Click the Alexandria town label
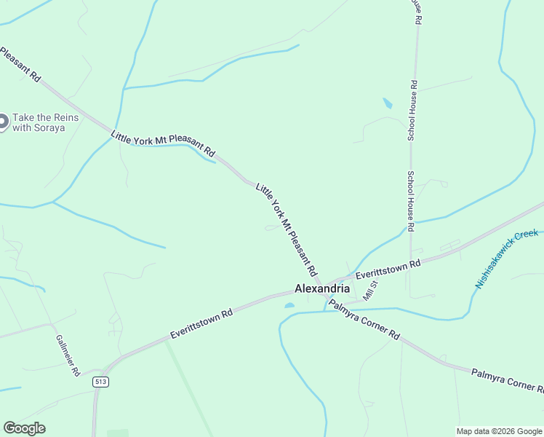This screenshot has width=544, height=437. click(321, 288)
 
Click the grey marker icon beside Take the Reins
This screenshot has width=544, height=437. click(2, 122)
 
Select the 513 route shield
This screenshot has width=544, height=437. click(100, 382)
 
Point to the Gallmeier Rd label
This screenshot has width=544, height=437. click(67, 355)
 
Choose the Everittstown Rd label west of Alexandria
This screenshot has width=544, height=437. click(201, 323)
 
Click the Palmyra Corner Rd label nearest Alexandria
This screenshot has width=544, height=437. click(364, 320)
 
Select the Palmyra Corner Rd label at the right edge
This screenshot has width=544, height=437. click(507, 380)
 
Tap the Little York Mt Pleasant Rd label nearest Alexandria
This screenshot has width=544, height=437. click(287, 229)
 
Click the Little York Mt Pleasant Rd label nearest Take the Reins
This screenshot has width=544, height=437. click(163, 143)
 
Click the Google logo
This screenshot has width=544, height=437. click(24, 428)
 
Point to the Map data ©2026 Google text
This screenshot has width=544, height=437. click(498, 431)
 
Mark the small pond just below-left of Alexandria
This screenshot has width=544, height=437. click(289, 305)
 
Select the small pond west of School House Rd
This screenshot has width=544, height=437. click(388, 103)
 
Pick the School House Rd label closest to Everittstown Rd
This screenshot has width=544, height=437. click(411, 201)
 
